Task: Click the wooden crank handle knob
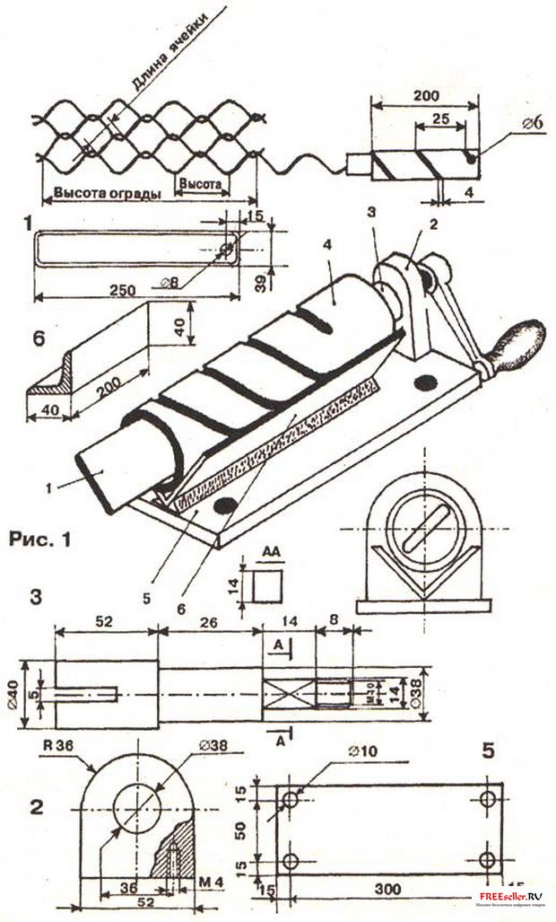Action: pyautogui.click(x=523, y=340)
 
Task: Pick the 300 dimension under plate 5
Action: pyautogui.click(x=387, y=889)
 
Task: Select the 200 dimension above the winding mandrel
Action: pyautogui.click(x=421, y=94)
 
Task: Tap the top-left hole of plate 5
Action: pyautogui.click(x=290, y=798)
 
